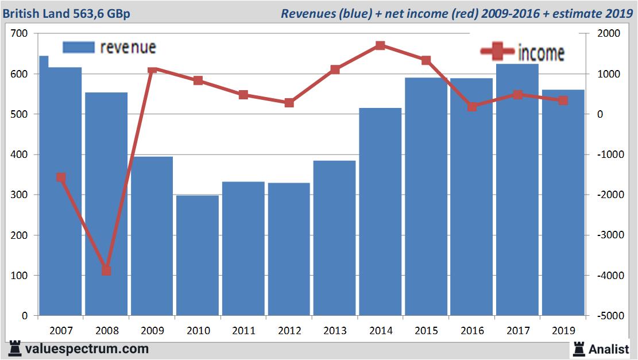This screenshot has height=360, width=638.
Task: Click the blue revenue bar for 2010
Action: coord(198,256)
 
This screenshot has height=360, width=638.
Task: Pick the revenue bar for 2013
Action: coord(334,238)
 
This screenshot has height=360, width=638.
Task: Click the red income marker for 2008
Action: coord(106,270)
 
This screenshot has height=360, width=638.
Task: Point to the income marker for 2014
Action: coord(380,45)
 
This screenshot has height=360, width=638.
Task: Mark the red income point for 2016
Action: coord(472,107)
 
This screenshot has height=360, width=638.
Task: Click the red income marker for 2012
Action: coord(289,103)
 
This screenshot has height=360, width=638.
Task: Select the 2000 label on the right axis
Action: coord(609,34)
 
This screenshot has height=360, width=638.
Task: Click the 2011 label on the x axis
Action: coord(243,331)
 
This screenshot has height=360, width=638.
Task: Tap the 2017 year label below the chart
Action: coord(517,331)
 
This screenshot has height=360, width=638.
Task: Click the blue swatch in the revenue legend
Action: coord(78,47)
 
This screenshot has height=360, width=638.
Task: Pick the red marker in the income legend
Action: coord(496,52)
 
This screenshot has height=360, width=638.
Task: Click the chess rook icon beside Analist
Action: coord(578,348)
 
